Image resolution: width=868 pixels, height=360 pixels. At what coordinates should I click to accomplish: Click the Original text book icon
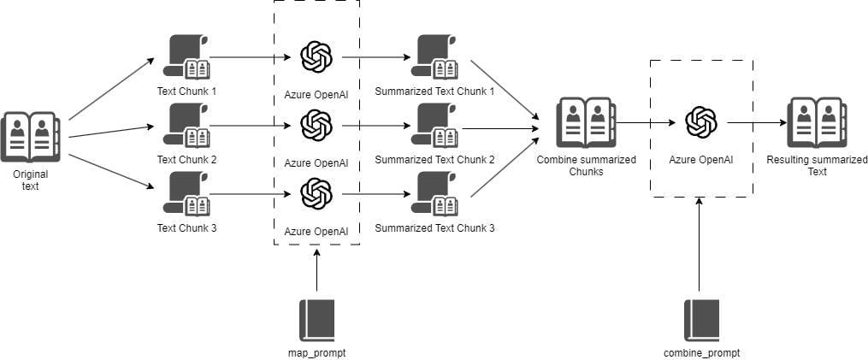click(30, 137)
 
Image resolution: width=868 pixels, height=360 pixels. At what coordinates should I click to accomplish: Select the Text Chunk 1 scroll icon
click(186, 57)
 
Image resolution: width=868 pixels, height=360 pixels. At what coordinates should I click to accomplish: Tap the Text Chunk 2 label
click(186, 160)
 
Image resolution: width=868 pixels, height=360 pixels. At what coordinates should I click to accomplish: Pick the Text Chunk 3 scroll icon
click(186, 194)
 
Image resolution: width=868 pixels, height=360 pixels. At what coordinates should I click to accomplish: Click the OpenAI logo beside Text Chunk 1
click(316, 57)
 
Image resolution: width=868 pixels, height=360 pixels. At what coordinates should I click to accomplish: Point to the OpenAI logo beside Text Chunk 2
click(316, 127)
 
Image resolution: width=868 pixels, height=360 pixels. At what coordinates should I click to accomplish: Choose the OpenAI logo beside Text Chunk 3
click(316, 194)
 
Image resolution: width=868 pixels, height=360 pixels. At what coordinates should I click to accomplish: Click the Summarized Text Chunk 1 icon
click(433, 57)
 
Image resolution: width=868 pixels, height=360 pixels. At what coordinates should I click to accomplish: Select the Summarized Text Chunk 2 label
click(434, 160)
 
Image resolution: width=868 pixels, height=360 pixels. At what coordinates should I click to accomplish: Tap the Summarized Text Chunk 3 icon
click(433, 194)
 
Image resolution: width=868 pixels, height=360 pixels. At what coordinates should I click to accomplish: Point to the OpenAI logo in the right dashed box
click(700, 122)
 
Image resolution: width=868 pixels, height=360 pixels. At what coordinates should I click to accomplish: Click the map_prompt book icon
click(316, 321)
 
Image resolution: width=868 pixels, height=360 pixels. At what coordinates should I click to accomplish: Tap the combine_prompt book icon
click(700, 321)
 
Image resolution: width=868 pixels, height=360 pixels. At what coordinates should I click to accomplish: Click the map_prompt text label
click(316, 352)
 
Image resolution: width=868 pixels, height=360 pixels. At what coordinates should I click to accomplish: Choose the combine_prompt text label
click(700, 352)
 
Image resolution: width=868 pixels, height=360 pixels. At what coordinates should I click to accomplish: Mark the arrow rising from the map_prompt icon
click(316, 272)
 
